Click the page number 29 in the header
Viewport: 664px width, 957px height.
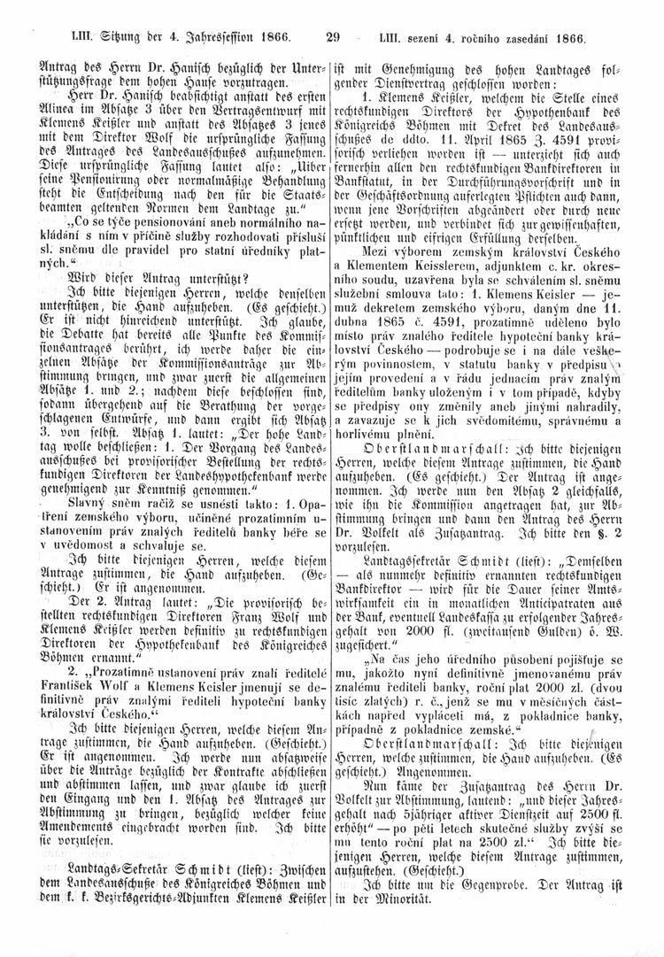(333, 13)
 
